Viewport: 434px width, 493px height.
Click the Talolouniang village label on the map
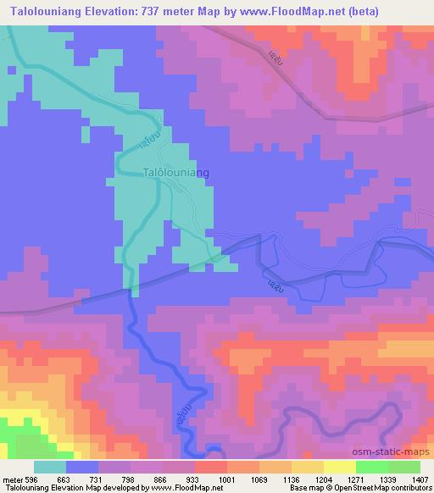pyautogui.click(x=175, y=172)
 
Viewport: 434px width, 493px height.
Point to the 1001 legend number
pyautogui.click(x=203, y=479)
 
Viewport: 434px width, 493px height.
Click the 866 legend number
pyautogui.click(x=139, y=479)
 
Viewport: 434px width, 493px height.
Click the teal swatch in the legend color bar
pyautogui.click(x=50, y=467)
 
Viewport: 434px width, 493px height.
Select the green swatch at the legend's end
pyautogui.click(x=403, y=467)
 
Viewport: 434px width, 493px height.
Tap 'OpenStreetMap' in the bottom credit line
pyautogui.click(x=380, y=488)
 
